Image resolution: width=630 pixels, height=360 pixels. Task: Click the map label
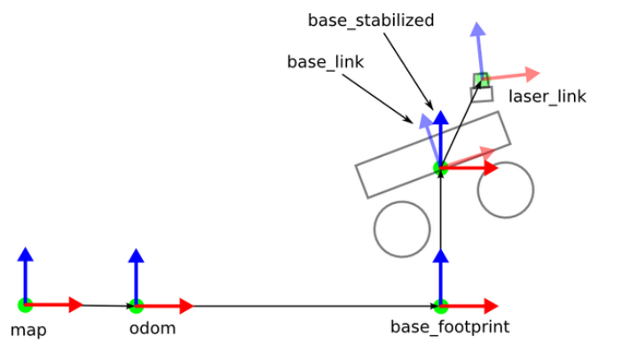click(x=28, y=331)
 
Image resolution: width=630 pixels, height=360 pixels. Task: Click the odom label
click(x=152, y=329)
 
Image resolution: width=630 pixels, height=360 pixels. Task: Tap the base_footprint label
click(x=450, y=327)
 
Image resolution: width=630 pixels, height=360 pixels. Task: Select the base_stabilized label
click(x=371, y=20)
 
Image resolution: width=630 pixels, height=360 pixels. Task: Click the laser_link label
click(x=547, y=97)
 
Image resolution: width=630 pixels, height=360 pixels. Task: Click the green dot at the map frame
click(x=25, y=305)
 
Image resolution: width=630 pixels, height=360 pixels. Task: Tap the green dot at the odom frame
click(x=136, y=306)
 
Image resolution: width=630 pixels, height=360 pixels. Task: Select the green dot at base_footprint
click(x=441, y=306)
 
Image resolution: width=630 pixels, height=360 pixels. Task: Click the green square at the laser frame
click(x=481, y=80)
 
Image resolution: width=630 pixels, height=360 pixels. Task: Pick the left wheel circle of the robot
click(x=402, y=229)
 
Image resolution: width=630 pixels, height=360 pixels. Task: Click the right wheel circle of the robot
click(x=505, y=189)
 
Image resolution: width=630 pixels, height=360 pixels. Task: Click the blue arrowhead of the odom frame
click(x=136, y=256)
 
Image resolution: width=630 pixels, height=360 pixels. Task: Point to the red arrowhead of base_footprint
click(x=491, y=306)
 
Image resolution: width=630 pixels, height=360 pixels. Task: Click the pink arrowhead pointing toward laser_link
click(x=532, y=73)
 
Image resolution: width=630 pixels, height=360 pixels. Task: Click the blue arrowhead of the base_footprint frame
click(x=441, y=256)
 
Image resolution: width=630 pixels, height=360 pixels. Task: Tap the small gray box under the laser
click(x=482, y=94)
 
